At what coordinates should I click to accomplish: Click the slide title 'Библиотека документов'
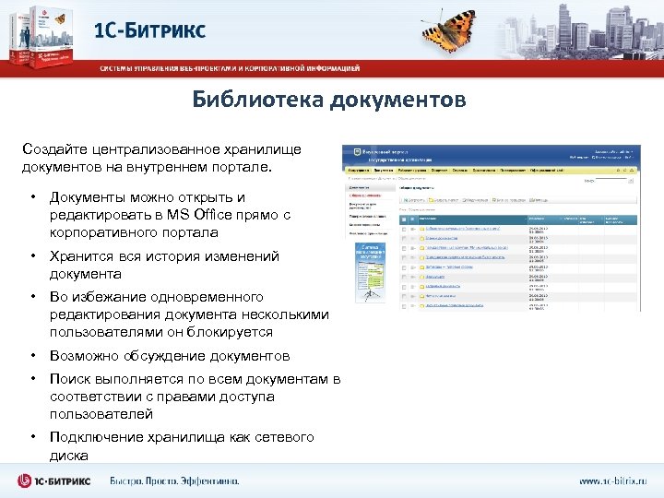tap(330, 100)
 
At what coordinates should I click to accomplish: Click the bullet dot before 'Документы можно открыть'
tap(32, 197)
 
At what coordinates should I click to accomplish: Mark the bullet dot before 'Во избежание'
tap(32, 297)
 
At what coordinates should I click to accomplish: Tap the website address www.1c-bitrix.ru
tap(613, 480)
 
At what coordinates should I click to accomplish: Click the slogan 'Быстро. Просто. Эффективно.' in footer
tap(174, 480)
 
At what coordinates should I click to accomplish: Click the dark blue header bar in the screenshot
tap(489, 154)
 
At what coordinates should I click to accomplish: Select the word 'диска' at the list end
tap(69, 456)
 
